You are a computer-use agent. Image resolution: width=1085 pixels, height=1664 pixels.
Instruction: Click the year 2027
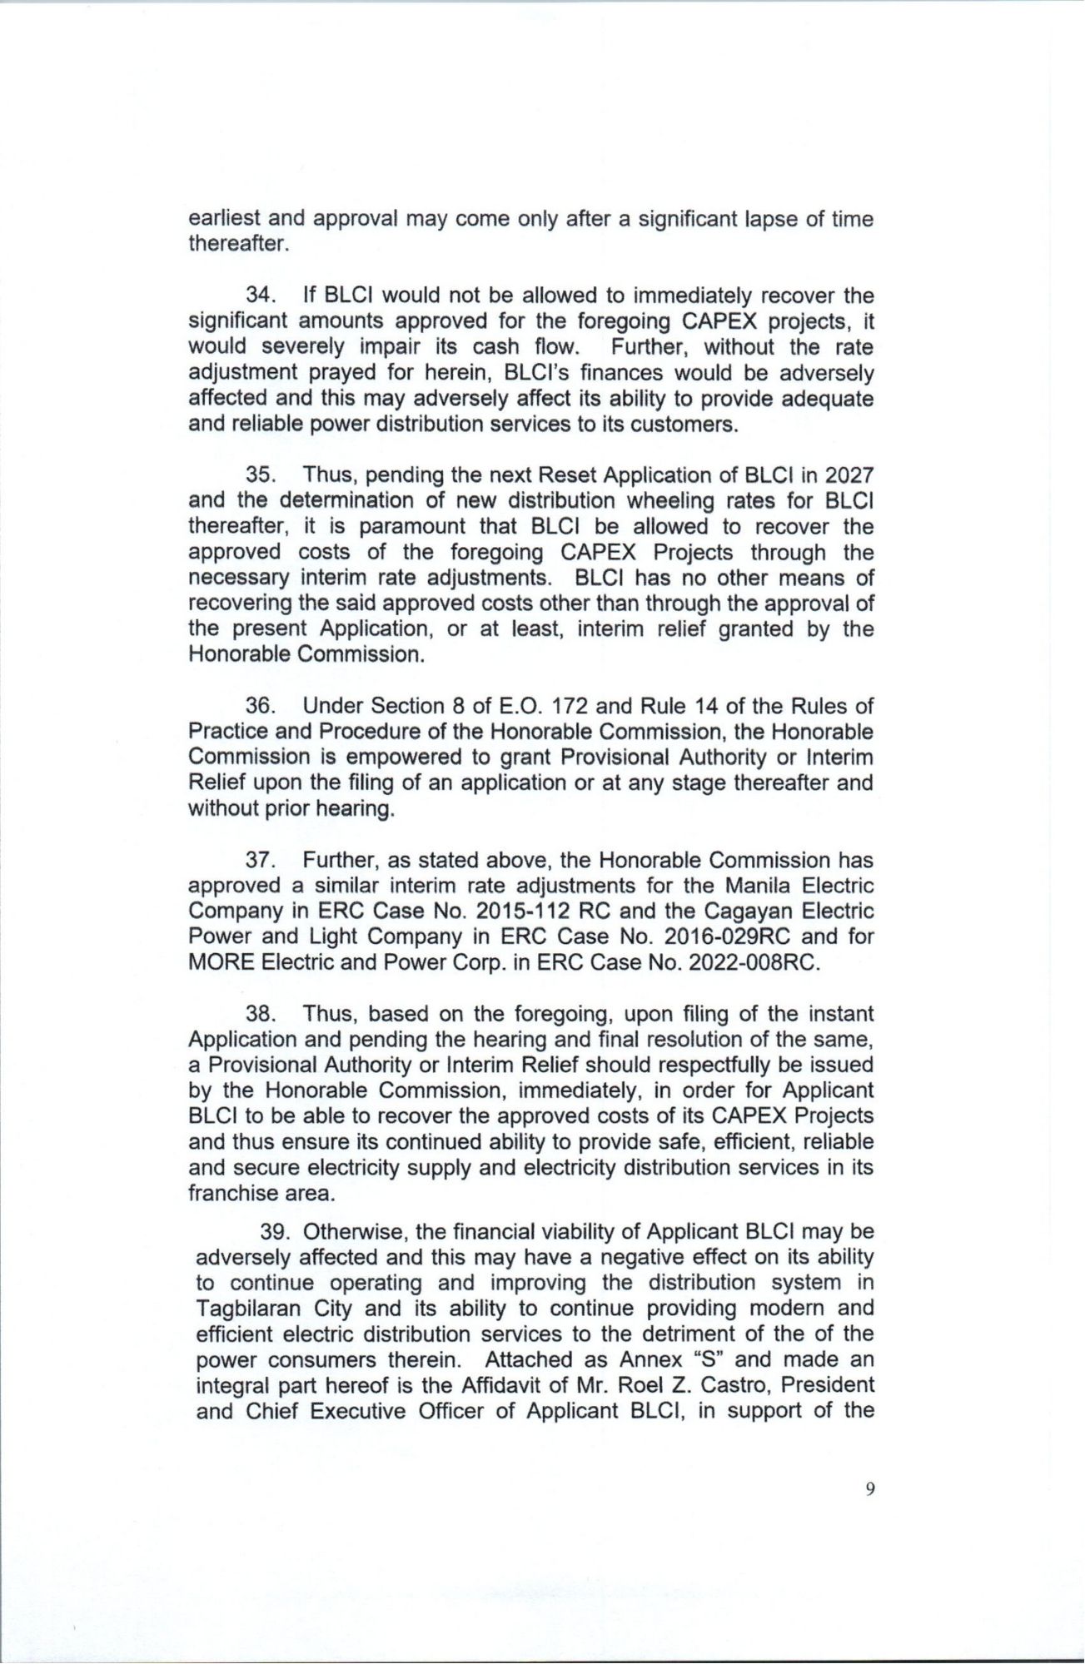pyautogui.click(x=849, y=475)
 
